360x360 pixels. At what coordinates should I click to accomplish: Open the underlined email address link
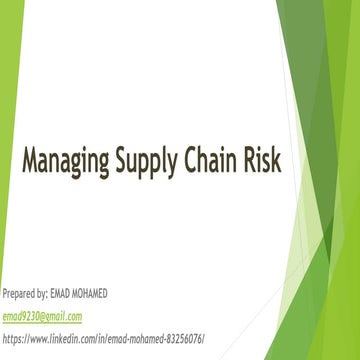[41, 316]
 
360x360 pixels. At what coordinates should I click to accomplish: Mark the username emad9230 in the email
[19, 316]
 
